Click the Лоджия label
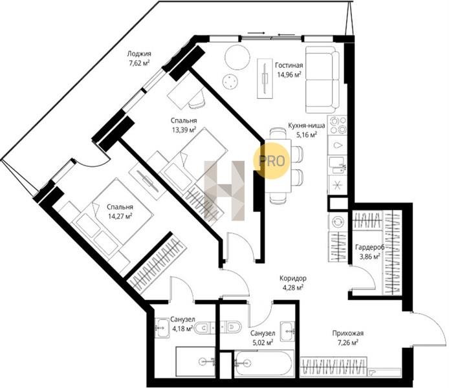[x=139, y=54]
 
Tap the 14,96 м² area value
[x=289, y=75]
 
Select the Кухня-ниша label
[x=307, y=125]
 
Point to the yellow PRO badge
[x=272, y=161]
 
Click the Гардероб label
[x=369, y=247]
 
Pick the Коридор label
[x=293, y=278]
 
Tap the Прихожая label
[x=348, y=333]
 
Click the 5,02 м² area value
[x=262, y=342]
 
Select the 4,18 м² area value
[x=182, y=329]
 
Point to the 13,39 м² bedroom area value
[x=184, y=130]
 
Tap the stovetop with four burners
[x=338, y=125]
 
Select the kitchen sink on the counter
[x=337, y=166]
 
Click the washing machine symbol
[x=338, y=222]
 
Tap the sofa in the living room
[x=322, y=80]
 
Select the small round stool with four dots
[x=230, y=82]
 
